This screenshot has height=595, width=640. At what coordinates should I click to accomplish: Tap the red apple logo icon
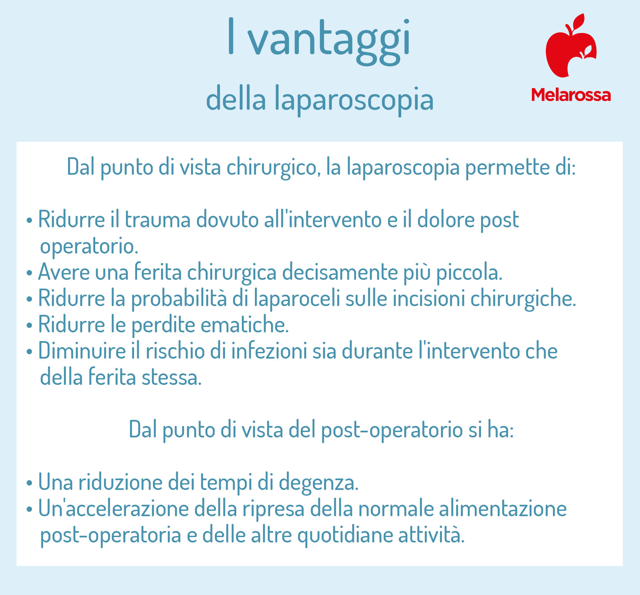click(571, 45)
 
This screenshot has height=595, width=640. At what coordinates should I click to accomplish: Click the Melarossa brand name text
click(571, 95)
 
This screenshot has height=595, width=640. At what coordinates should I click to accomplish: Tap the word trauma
click(158, 220)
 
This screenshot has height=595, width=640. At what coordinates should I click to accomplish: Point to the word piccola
click(469, 272)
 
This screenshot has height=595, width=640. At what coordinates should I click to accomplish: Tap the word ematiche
click(245, 325)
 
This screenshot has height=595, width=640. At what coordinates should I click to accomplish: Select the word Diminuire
click(82, 351)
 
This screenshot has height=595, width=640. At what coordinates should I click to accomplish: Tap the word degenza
click(319, 483)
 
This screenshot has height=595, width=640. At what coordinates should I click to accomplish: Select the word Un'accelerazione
click(114, 508)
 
